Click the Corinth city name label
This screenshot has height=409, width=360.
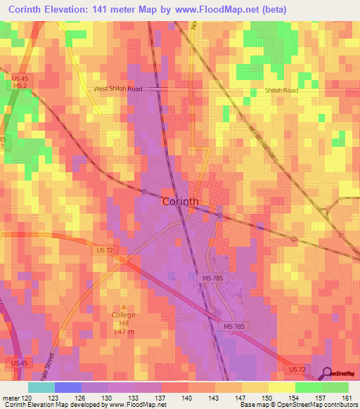coord(180,201)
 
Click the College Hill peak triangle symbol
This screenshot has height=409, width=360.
coord(124,306)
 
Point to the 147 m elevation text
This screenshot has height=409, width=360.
coord(124,331)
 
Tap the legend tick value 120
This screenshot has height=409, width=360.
coord(27,397)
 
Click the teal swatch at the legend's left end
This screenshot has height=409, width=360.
coord(41,387)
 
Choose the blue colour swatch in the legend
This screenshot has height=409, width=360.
coord(67,387)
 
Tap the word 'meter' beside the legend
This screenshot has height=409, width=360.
coord(10,397)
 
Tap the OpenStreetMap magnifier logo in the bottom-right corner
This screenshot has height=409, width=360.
coord(328,373)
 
